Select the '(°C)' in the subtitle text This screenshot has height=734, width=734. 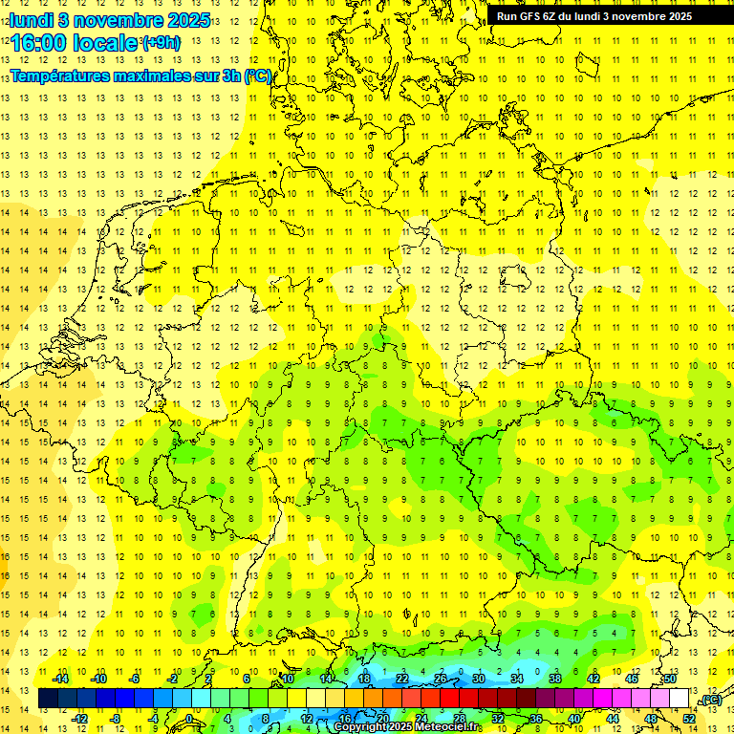click(258, 76)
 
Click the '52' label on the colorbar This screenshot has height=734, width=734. click(689, 719)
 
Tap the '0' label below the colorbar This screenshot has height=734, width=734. click(190, 719)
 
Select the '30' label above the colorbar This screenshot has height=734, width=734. click(479, 679)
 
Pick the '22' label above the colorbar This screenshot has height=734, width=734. click(402, 679)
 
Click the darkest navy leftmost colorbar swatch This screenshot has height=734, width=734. click(48, 699)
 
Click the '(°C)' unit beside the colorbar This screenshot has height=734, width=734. click(711, 701)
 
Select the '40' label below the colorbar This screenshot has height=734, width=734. click(574, 719)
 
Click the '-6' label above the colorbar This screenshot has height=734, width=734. click(135, 679)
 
